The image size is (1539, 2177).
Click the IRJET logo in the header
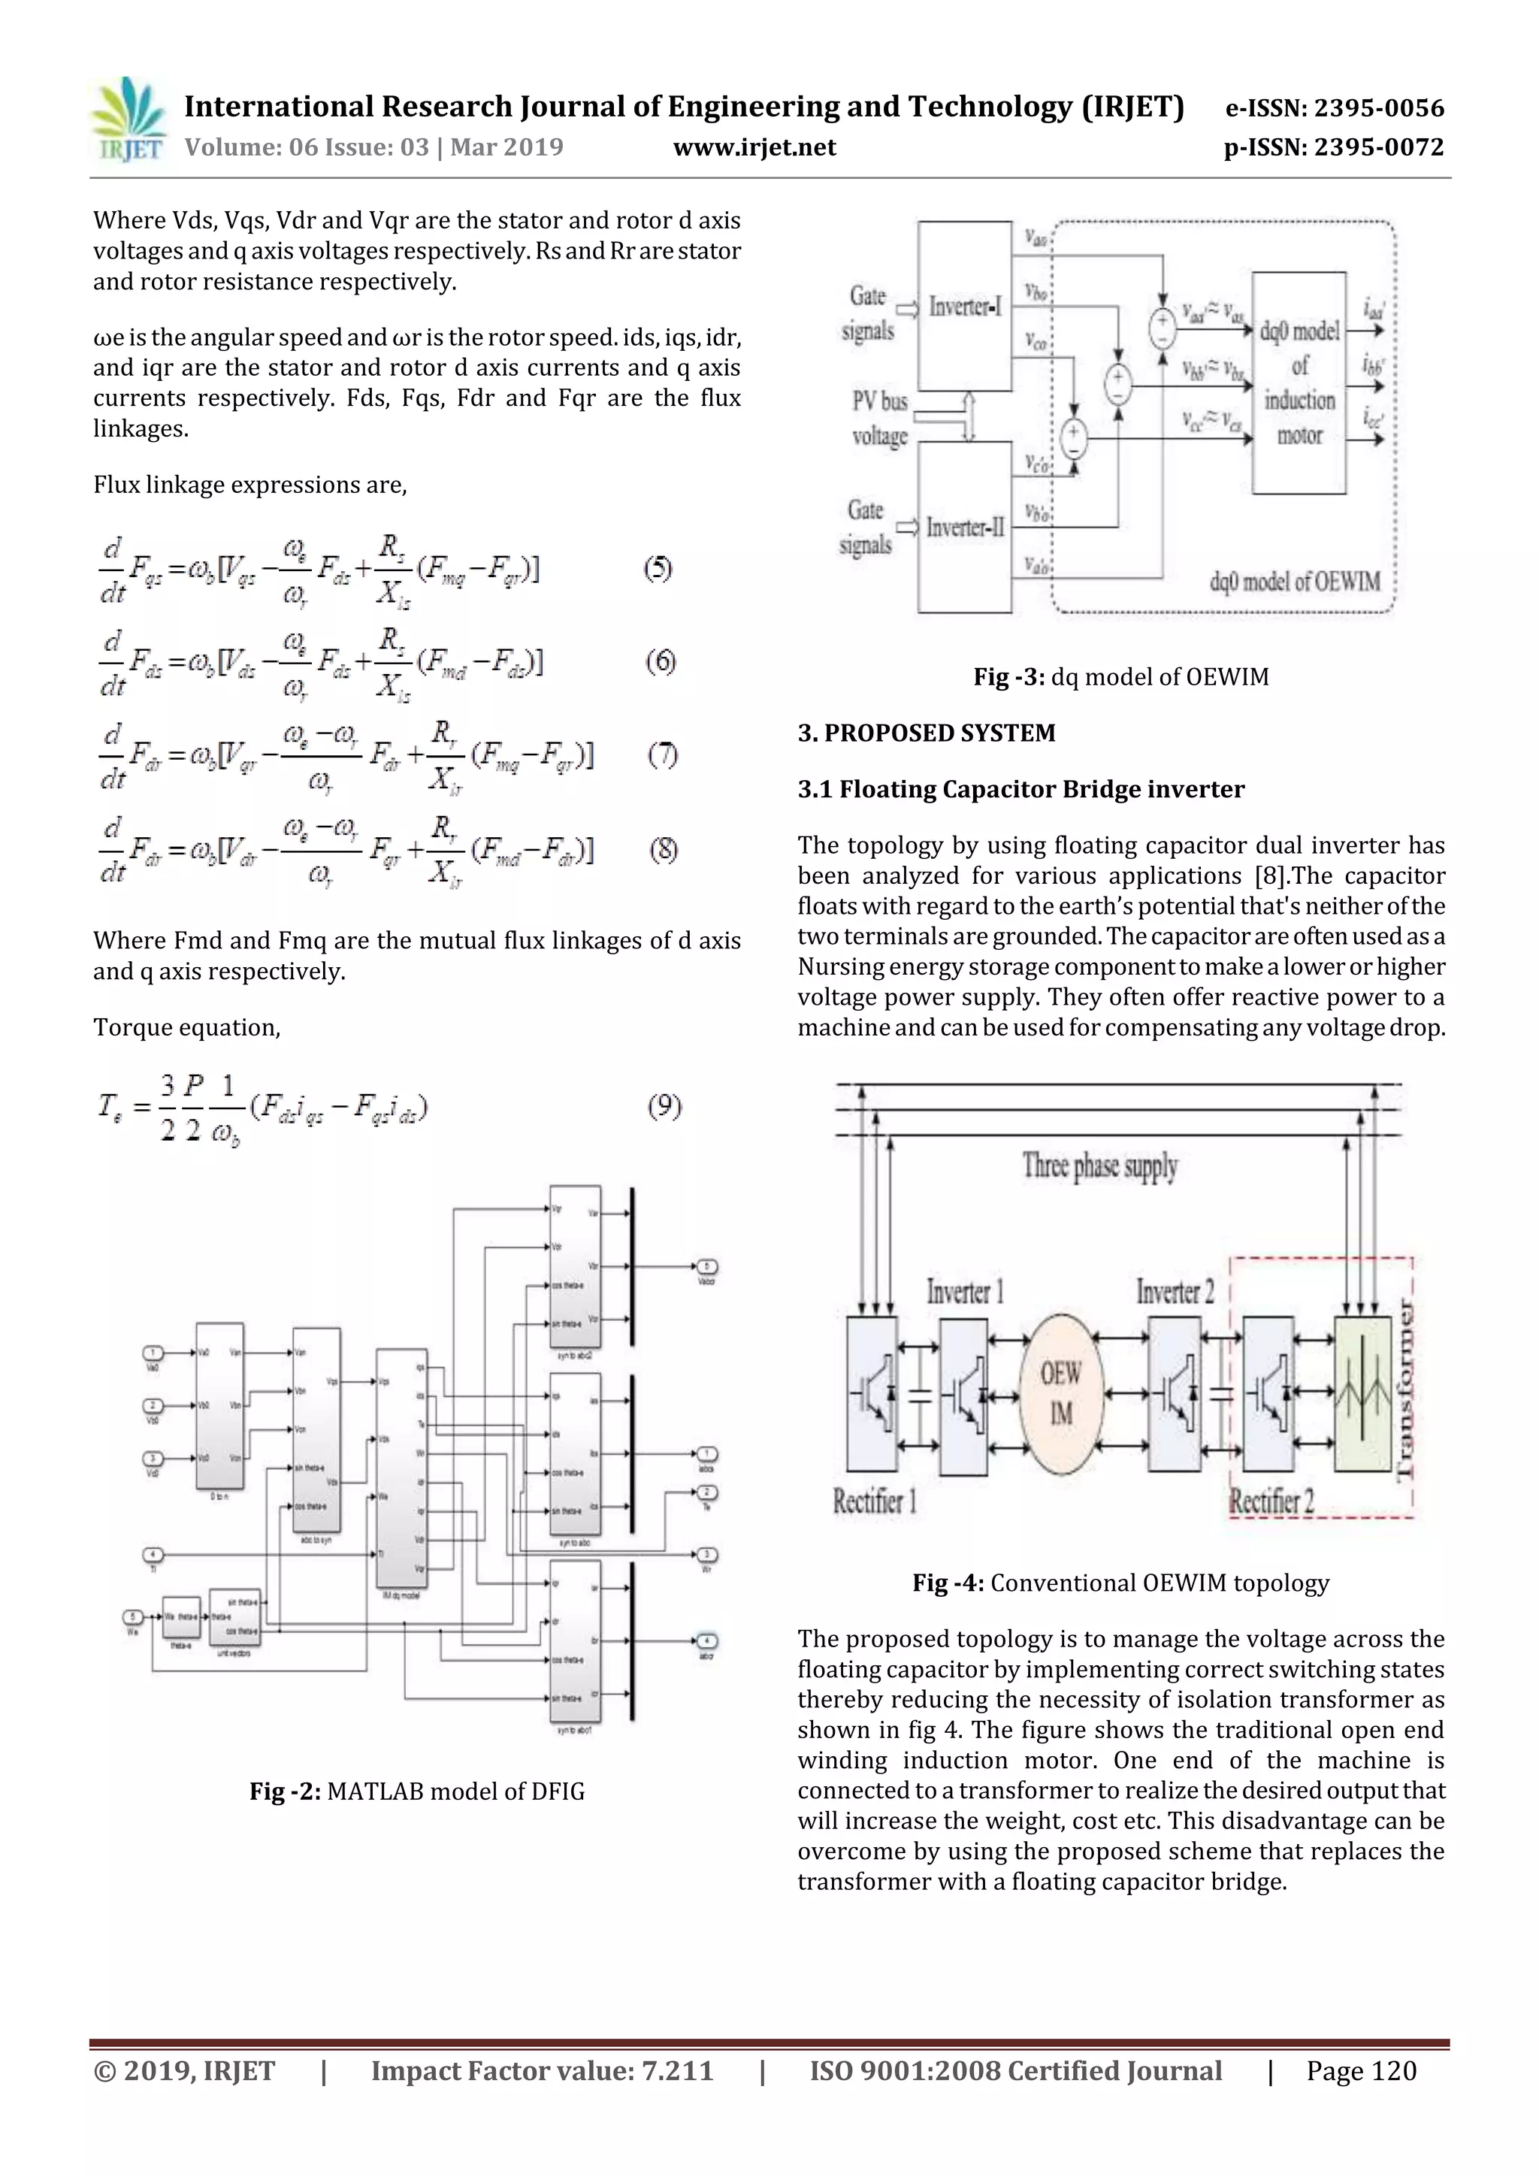(127, 120)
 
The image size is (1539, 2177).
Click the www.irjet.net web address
(754, 148)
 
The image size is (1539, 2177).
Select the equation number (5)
(658, 569)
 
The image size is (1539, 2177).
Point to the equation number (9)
(664, 1105)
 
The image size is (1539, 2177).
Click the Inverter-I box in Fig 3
(964, 307)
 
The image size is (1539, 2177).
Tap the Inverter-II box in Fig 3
(964, 528)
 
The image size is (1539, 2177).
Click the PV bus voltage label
(880, 418)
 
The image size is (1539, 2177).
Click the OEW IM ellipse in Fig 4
(1061, 1394)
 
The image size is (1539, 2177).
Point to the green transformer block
(1362, 1394)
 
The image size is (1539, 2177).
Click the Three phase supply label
(1100, 1166)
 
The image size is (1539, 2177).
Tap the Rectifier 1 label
(874, 1501)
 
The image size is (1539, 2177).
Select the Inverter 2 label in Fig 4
(1175, 1292)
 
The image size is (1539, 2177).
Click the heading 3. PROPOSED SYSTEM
(926, 733)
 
